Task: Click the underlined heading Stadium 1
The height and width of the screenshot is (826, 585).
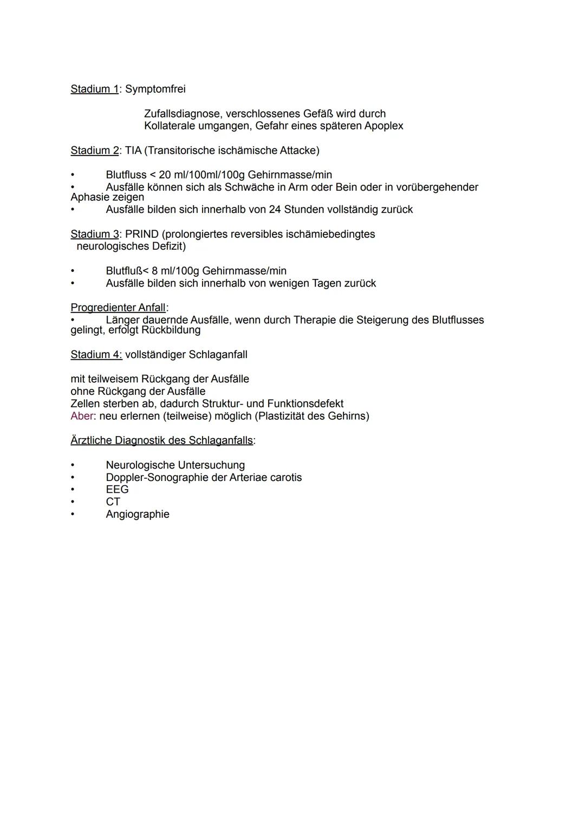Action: pyautogui.click(x=94, y=89)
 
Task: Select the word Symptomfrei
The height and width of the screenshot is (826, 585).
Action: pyautogui.click(x=155, y=89)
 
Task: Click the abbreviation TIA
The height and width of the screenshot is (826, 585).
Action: pyautogui.click(x=133, y=150)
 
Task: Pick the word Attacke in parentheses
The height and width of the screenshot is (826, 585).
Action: pyautogui.click(x=298, y=150)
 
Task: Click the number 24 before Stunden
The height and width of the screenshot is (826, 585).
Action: pyautogui.click(x=275, y=209)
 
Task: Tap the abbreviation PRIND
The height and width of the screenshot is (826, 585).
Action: pyautogui.click(x=142, y=234)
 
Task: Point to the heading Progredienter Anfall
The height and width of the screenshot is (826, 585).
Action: pyautogui.click(x=118, y=308)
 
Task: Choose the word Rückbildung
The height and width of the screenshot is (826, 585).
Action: pyautogui.click(x=171, y=330)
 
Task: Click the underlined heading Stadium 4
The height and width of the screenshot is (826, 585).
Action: pyautogui.click(x=96, y=355)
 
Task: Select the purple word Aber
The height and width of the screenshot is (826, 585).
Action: pyautogui.click(x=82, y=416)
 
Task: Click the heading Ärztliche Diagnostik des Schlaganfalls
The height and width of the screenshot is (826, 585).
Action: pyautogui.click(x=161, y=440)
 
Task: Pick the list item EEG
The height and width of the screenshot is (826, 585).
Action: pyautogui.click(x=117, y=490)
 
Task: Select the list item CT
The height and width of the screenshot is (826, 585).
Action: pyautogui.click(x=113, y=502)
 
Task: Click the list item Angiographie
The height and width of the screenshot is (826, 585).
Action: pyautogui.click(x=138, y=514)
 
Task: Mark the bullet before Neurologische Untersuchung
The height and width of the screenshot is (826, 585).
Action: pyautogui.click(x=73, y=465)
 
